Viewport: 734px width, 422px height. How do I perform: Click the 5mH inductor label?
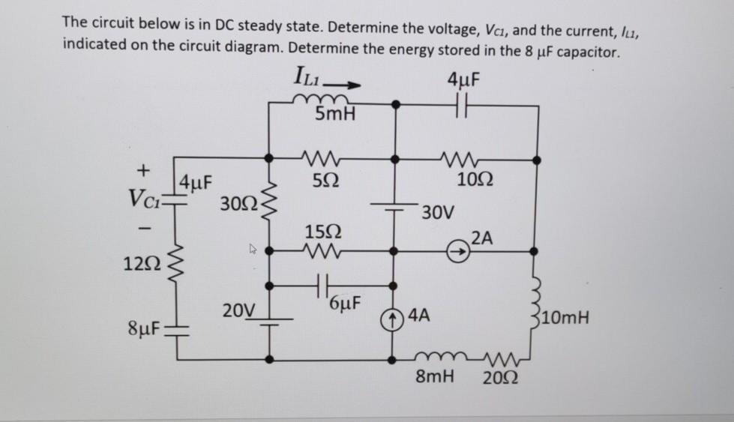pyautogui.click(x=336, y=115)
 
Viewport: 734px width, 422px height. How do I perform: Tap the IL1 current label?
pyautogui.click(x=310, y=76)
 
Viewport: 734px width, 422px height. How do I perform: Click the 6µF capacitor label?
pyautogui.click(x=346, y=304)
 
